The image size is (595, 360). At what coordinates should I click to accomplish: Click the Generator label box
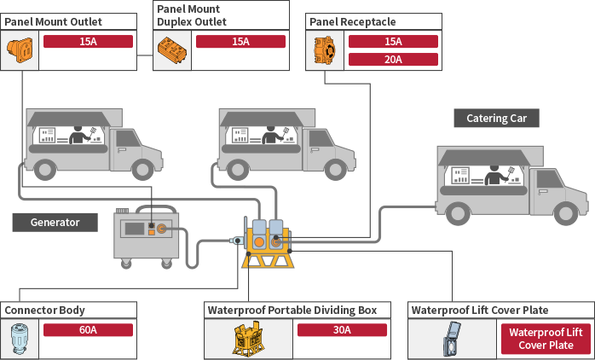click(x=55, y=223)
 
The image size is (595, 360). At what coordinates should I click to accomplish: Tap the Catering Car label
click(x=502, y=119)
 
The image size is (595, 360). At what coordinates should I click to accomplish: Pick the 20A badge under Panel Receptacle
click(x=393, y=60)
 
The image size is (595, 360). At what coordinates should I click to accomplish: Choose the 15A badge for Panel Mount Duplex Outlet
click(x=240, y=42)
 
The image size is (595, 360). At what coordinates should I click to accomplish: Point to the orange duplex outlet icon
click(x=170, y=50)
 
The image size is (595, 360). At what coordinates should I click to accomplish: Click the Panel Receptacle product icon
click(x=324, y=50)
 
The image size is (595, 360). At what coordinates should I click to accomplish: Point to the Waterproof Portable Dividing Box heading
click(x=297, y=310)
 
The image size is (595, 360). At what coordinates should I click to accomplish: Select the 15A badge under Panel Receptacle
click(x=393, y=42)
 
